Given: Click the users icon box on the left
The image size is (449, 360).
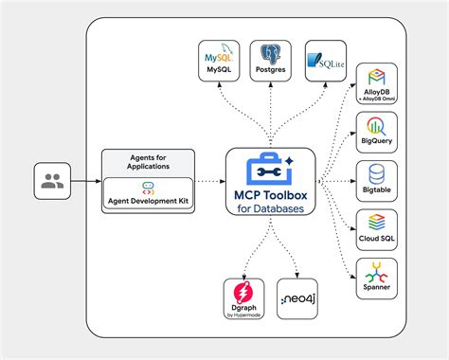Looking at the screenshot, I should point(52,181).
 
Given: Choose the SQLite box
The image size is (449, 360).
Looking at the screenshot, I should point(324,63).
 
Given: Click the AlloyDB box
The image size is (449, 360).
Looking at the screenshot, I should point(376,85).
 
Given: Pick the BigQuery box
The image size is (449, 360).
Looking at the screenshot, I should point(376,132).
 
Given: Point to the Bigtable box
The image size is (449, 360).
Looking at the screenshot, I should point(376,179).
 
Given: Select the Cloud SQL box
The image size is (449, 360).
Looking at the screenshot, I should point(376,227).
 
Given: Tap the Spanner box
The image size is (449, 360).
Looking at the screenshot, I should point(376,276).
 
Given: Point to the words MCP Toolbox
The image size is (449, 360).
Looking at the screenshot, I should point(270,195).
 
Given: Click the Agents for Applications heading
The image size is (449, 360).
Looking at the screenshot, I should point(148,162).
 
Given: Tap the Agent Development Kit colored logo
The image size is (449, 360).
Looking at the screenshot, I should point(148,188).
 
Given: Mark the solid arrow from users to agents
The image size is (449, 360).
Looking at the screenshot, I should point(85,181).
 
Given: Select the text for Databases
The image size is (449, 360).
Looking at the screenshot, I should point(270,209).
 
